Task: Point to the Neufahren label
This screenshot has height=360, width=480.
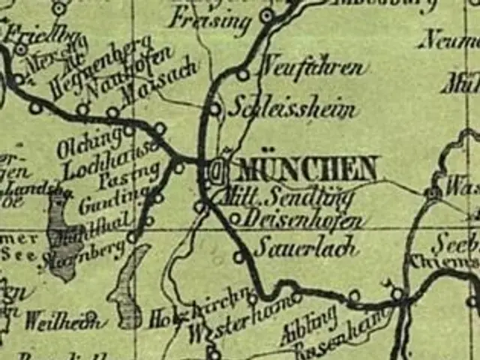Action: point(313,69)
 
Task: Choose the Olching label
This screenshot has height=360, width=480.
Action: point(89,141)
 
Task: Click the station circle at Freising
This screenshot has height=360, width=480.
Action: point(266,15)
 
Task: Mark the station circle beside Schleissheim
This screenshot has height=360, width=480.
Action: point(215,109)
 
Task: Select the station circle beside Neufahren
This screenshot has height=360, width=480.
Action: point(243,74)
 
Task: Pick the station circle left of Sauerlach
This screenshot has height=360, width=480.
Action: point(238,257)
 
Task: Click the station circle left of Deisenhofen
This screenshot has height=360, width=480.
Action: point(234,219)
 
